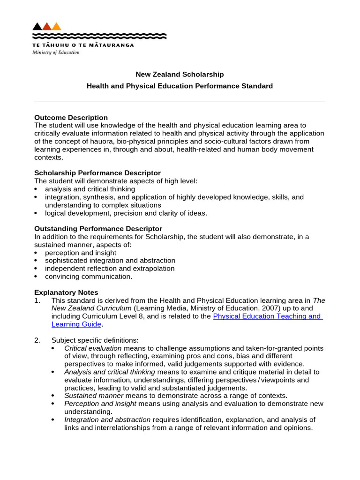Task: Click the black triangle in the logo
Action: [37, 27]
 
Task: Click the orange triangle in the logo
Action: [57, 27]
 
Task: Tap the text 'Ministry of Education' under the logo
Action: [56, 52]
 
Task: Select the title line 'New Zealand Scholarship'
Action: [180, 75]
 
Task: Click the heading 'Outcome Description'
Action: [71, 118]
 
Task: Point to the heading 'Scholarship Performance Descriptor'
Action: [97, 173]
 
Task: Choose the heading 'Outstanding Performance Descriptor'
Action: [98, 229]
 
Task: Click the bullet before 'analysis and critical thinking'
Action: [37, 189]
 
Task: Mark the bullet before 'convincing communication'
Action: [37, 277]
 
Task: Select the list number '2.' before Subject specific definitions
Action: [38, 340]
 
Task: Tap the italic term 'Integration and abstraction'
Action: [107, 420]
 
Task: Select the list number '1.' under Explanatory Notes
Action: [38, 300]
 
